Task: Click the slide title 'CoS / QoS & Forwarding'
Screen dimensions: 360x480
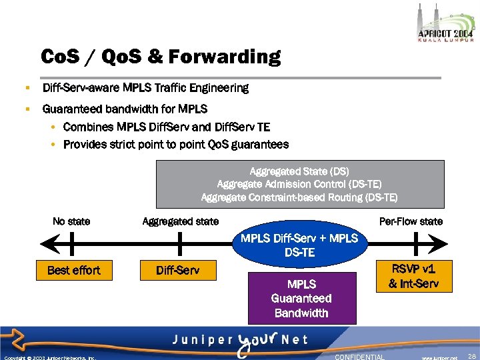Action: (161, 57)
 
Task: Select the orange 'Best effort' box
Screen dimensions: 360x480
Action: (73, 270)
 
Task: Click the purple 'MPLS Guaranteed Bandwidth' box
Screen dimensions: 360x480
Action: (301, 298)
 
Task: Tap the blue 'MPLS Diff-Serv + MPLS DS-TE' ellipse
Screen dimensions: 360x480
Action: (299, 245)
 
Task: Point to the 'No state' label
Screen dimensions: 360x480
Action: (71, 221)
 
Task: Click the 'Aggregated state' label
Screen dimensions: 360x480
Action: (180, 221)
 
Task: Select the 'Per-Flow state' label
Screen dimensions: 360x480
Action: (411, 221)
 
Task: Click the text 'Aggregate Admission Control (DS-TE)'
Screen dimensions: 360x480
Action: (299, 184)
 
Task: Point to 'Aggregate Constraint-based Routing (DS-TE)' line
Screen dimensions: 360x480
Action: (299, 197)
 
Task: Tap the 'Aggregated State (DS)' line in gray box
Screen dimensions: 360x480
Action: (299, 171)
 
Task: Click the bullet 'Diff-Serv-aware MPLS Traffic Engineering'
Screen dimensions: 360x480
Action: (145, 88)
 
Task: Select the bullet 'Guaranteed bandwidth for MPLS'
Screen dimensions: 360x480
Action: (125, 109)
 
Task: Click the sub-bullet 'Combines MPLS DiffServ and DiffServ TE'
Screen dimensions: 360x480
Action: (167, 127)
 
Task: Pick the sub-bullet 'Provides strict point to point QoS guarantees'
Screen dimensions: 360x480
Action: (176, 144)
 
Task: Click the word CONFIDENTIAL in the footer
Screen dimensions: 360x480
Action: (359, 357)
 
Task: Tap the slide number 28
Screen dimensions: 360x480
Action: (472, 357)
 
